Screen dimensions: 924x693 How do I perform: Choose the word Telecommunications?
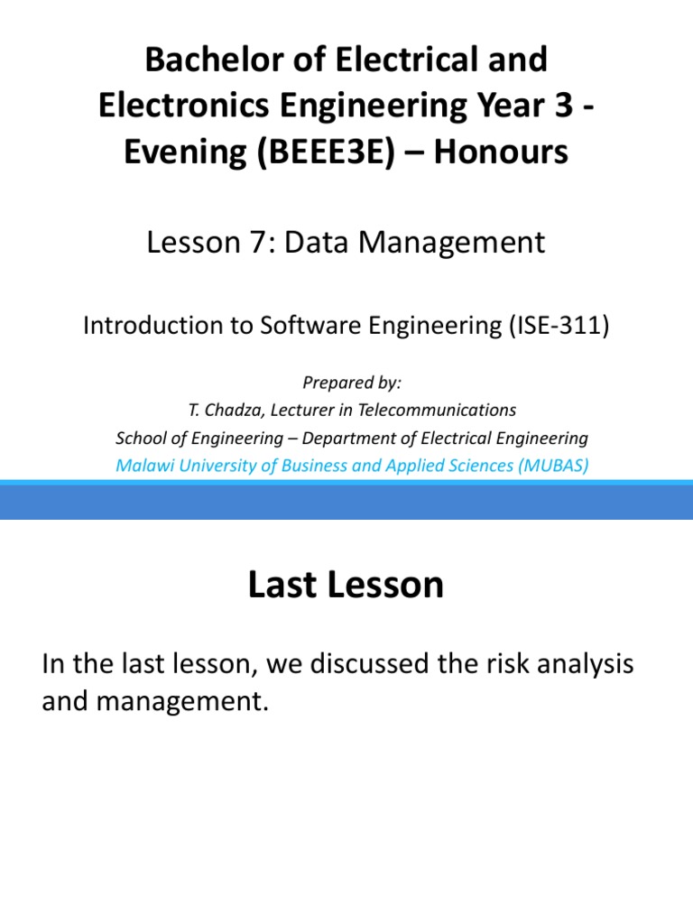pyautogui.click(x=441, y=410)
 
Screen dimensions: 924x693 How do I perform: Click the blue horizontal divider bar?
pyautogui.click(x=346, y=501)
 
